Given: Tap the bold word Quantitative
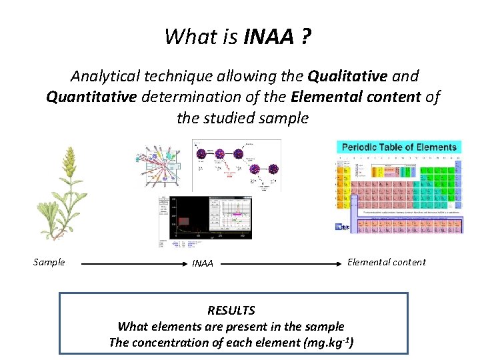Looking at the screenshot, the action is (91, 97).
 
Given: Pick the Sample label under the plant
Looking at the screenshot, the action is (49, 262).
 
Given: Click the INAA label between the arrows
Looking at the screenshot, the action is (203, 263).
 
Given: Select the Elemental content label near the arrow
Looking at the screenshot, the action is (387, 262).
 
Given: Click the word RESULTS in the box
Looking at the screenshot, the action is (231, 311).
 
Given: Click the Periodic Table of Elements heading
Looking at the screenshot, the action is (399, 147).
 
